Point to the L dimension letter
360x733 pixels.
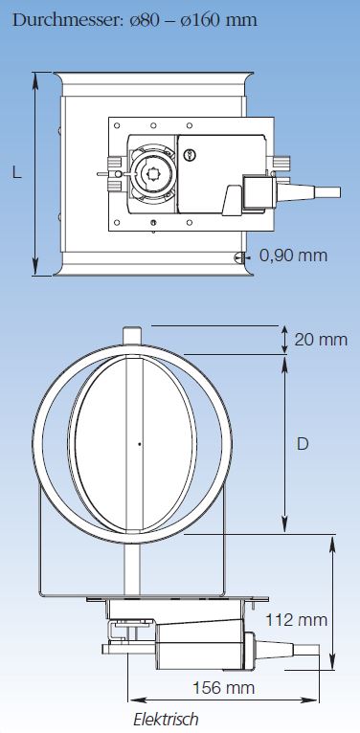17,173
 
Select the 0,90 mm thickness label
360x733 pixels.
293,255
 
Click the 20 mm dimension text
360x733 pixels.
321,340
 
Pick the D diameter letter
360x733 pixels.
303,444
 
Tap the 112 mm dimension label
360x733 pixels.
296,620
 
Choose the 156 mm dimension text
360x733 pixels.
224,688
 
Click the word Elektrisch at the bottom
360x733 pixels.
166,719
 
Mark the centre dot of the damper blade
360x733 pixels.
140,444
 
